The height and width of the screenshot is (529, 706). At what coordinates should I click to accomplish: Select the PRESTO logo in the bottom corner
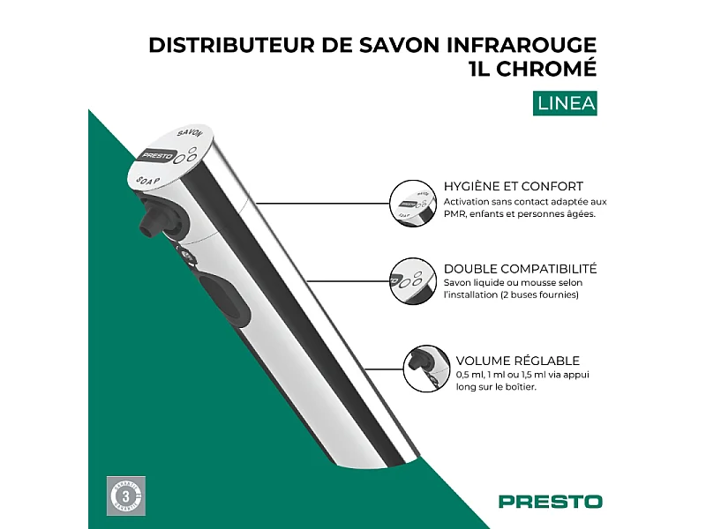click(x=550, y=501)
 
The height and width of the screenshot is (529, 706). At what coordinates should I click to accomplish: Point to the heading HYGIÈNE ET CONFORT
click(x=513, y=186)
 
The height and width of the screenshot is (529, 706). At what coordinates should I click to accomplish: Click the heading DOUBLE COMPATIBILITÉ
click(x=520, y=268)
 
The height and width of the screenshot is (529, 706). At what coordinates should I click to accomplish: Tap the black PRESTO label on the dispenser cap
click(x=157, y=156)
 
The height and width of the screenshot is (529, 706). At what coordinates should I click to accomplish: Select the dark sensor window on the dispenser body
click(x=220, y=295)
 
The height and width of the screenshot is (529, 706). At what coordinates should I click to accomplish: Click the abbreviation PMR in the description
click(x=457, y=214)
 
